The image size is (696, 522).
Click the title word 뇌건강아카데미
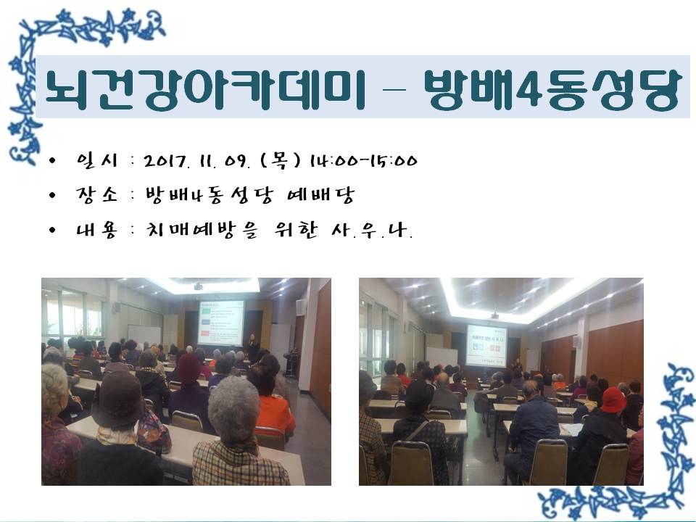(205, 90)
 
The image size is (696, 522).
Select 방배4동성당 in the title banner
(552, 90)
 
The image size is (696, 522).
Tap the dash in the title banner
(394, 90)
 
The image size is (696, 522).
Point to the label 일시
(97, 160)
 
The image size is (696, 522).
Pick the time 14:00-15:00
(363, 161)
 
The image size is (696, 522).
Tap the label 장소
(96, 195)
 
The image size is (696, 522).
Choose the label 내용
(96, 230)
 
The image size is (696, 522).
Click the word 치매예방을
(202, 230)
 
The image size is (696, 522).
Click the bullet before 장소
(53, 195)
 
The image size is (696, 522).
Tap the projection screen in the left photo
(220, 323)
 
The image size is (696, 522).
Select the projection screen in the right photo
(486, 345)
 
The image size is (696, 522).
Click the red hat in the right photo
(613, 399)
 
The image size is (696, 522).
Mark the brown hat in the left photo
(117, 398)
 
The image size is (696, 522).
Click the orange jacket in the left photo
(275, 415)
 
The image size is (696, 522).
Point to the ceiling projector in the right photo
(494, 315)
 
